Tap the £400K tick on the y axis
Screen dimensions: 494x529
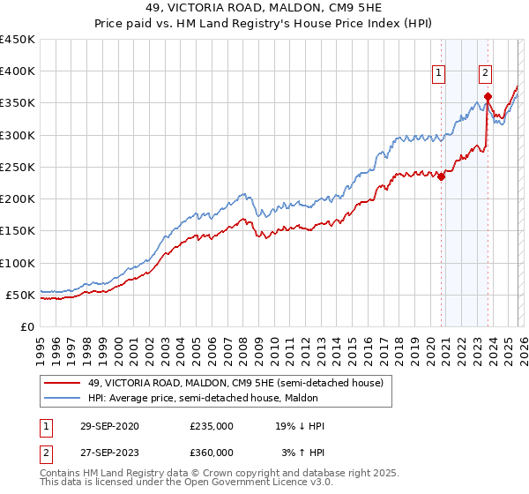tap(18, 71)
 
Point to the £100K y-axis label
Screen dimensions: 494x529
tap(18, 263)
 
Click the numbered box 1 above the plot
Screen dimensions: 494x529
tap(438, 74)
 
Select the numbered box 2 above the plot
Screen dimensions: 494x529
tap(486, 74)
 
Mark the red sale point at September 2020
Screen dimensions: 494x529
tap(442, 176)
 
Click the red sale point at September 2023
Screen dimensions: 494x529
tap(488, 96)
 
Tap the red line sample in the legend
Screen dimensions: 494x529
tap(63, 384)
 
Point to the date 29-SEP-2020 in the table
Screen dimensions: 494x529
tap(109, 425)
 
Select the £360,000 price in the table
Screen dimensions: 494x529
tap(212, 452)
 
